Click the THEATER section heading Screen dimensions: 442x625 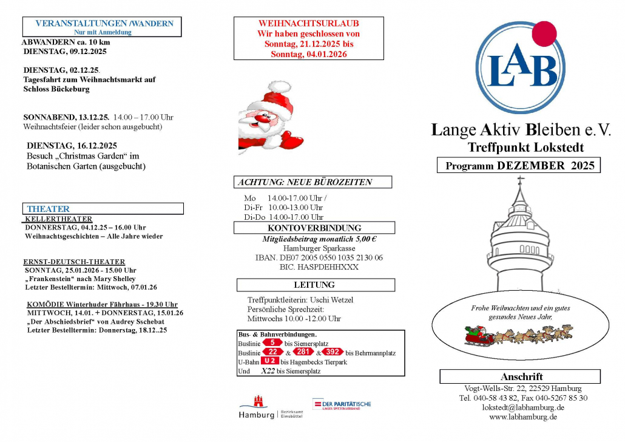tap(49, 209)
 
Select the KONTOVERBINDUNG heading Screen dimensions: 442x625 tap(314, 228)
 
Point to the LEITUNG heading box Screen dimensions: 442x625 tap(314, 285)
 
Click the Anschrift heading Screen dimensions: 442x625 tap(521, 376)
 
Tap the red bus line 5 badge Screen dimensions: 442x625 tap(272, 343)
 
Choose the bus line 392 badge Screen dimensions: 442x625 tap(333, 352)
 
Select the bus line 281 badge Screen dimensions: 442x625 tap(303, 352)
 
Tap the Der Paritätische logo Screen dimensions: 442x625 tap(342, 404)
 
